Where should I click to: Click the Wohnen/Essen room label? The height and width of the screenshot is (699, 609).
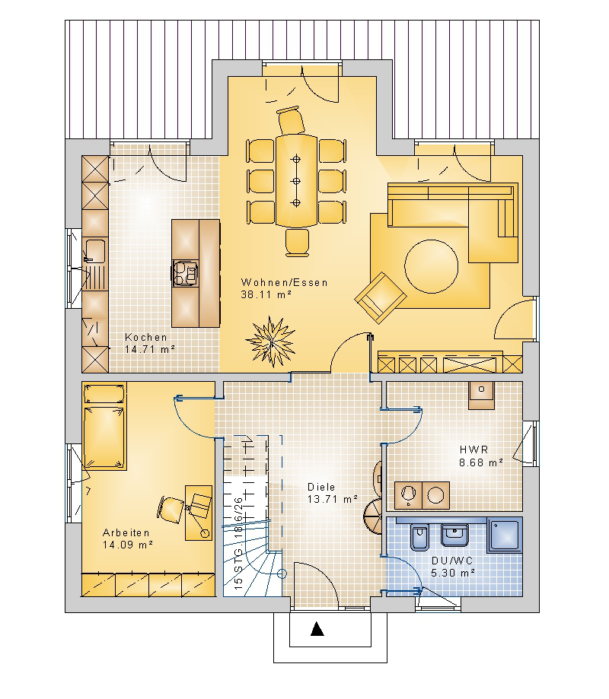(x=284, y=282)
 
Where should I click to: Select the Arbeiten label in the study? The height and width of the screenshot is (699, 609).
(x=126, y=532)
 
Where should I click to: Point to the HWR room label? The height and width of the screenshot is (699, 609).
(x=473, y=450)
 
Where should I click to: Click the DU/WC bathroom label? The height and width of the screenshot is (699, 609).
(x=452, y=561)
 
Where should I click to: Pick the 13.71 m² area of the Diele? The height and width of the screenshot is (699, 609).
(x=333, y=499)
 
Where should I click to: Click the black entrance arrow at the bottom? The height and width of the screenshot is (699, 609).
(x=317, y=629)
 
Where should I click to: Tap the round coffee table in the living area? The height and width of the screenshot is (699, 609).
(x=432, y=266)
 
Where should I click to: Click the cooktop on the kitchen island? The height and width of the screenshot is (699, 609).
(x=186, y=273)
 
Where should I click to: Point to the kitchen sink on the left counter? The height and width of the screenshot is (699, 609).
(x=95, y=250)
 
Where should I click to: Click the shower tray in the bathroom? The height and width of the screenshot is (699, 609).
(x=505, y=535)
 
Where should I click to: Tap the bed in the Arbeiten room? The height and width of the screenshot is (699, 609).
(x=104, y=426)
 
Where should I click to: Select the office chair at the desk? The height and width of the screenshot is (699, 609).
(x=171, y=509)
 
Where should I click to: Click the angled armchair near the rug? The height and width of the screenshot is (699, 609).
(x=381, y=297)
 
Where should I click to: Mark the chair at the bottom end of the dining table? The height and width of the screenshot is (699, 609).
(x=297, y=243)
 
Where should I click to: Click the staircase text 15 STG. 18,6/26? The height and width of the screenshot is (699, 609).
(x=239, y=543)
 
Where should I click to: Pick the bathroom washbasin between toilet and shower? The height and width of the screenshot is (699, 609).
(x=454, y=535)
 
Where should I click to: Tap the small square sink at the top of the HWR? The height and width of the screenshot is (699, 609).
(x=481, y=396)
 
